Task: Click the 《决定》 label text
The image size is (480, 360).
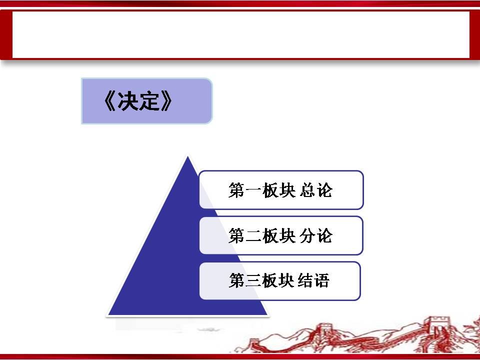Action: pos(138,101)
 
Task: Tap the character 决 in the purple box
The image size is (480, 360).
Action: pos(128,101)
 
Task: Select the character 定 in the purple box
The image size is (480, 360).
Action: pos(149,101)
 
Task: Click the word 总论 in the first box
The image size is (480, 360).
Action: pos(316,190)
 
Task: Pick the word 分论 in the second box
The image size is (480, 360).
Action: pos(316,235)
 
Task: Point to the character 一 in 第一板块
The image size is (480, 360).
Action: pos(253,190)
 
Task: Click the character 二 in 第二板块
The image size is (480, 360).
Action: pos(253,236)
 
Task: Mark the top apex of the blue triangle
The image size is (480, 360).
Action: pos(187,156)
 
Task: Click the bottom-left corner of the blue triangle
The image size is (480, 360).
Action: pos(108,314)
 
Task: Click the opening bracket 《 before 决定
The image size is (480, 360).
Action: pos(110,101)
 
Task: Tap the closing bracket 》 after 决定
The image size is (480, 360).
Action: pos(166,101)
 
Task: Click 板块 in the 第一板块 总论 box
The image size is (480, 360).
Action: pos(279,190)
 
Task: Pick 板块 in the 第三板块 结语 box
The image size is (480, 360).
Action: pos(278,280)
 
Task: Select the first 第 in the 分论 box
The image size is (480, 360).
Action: pos(236,235)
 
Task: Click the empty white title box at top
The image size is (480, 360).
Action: pos(240,34)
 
